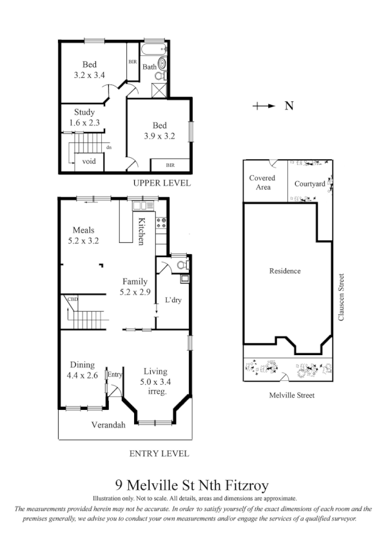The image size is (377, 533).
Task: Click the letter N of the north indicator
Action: tap(289, 106)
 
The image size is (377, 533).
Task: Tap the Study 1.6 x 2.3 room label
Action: tap(84, 117)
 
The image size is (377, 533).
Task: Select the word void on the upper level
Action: tap(89, 161)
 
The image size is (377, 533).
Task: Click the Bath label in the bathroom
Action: tap(149, 66)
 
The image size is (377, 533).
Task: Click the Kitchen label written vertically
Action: tap(140, 231)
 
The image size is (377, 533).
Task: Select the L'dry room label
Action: tap(173, 300)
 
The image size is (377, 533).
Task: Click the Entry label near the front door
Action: tap(115, 374)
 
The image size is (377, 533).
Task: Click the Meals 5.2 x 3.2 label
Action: tap(84, 235)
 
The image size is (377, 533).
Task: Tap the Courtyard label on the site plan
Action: tap(309, 184)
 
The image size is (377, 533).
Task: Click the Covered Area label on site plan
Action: tap(262, 182)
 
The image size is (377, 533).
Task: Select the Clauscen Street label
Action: tap(342, 297)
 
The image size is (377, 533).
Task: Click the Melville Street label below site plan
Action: tap(292, 395)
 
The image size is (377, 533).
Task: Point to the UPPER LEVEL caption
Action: tap(162, 183)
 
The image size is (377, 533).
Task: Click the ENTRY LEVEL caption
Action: tap(159, 453)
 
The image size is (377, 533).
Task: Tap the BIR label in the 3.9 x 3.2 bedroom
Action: tap(169, 165)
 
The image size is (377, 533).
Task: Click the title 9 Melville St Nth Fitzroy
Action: tap(191, 485)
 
